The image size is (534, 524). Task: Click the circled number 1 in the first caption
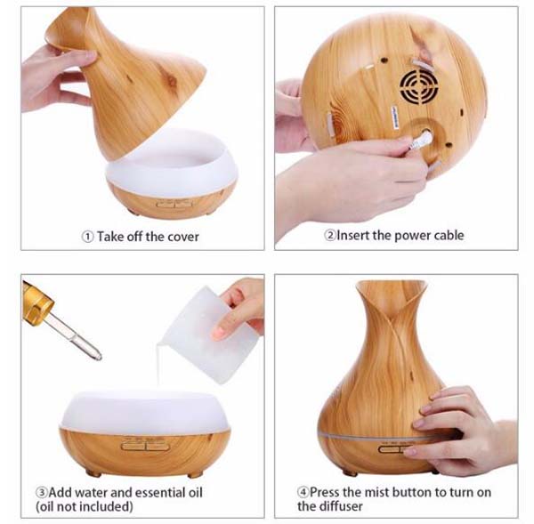pyautogui.click(x=87, y=237)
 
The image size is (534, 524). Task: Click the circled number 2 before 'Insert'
pyautogui.click(x=330, y=235)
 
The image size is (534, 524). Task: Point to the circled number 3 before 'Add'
pyautogui.click(x=42, y=492)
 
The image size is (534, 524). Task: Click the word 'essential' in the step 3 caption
pyautogui.click(x=158, y=492)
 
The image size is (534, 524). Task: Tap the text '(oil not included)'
pyautogui.click(x=85, y=506)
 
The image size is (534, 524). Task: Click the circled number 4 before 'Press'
pyautogui.click(x=303, y=492)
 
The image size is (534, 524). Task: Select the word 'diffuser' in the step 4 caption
pyautogui.click(x=341, y=506)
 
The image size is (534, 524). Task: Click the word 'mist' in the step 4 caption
pyautogui.click(x=376, y=492)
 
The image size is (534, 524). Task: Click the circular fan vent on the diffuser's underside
pyautogui.click(x=419, y=86)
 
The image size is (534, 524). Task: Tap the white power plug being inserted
pyautogui.click(x=421, y=141)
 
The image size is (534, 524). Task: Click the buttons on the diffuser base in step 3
pyautogui.click(x=143, y=444)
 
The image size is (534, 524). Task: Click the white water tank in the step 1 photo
pyautogui.click(x=171, y=164)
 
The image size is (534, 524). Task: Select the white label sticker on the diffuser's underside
pyautogui.click(x=396, y=117)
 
